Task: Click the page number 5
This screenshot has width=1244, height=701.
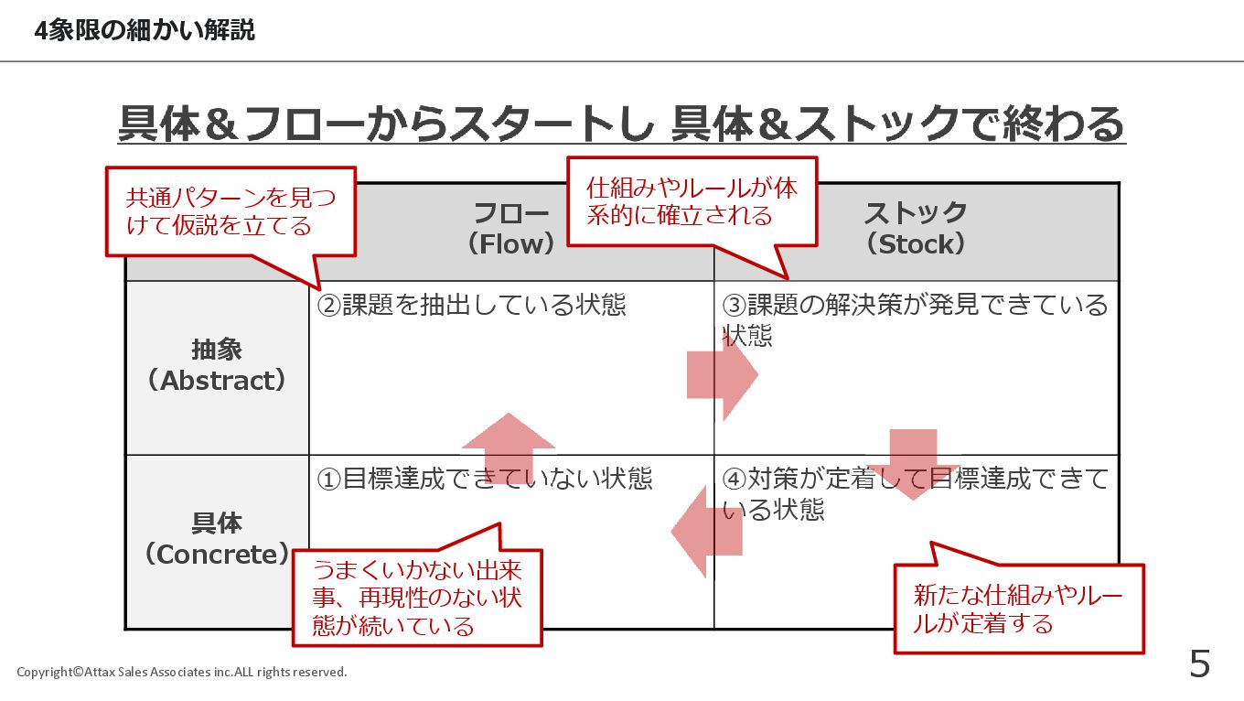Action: tap(1199, 663)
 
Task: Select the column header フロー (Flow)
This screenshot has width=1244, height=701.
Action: tap(511, 229)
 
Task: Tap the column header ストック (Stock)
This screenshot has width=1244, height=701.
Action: tap(916, 229)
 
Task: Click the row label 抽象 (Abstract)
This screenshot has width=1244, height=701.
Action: tap(217, 365)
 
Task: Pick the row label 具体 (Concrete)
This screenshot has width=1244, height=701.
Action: tap(217, 539)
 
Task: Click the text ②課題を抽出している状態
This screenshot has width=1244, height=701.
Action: tap(471, 305)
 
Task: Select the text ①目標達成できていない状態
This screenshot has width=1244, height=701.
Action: tap(484, 479)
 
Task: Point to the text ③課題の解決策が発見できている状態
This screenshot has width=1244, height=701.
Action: tap(915, 318)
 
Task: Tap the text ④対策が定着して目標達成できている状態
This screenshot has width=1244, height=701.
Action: tap(915, 493)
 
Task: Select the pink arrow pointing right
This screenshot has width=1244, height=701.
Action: tap(723, 374)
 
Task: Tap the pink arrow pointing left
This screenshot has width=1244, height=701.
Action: tap(706, 531)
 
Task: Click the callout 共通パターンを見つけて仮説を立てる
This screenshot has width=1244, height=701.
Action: tap(231, 211)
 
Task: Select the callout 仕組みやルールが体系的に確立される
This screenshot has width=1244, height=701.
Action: tap(692, 201)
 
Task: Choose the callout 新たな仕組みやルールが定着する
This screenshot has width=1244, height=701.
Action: tap(1017, 609)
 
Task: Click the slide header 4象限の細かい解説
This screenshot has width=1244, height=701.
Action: tap(145, 31)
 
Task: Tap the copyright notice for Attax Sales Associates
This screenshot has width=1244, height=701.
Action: tap(182, 672)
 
